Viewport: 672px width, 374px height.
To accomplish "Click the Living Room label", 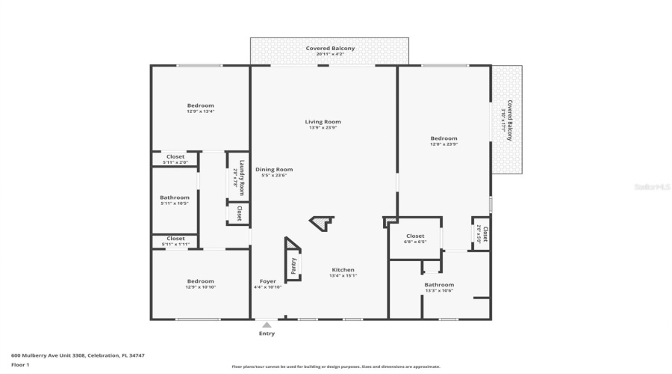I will click(323, 122).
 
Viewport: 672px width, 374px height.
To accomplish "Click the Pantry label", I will click(293, 265).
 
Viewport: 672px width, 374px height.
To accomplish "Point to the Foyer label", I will click(267, 281).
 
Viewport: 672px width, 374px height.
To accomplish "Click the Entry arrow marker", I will click(267, 325).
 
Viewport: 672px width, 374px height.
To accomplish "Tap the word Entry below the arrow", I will click(267, 334).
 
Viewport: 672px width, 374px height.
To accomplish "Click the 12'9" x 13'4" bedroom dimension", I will click(200, 111).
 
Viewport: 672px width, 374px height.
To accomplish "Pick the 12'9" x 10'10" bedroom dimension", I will click(200, 287).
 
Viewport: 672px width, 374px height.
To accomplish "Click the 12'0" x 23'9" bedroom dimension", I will click(444, 144).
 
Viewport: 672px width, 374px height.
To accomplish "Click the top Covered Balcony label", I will click(329, 49).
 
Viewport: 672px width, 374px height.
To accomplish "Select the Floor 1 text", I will click(20, 364).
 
